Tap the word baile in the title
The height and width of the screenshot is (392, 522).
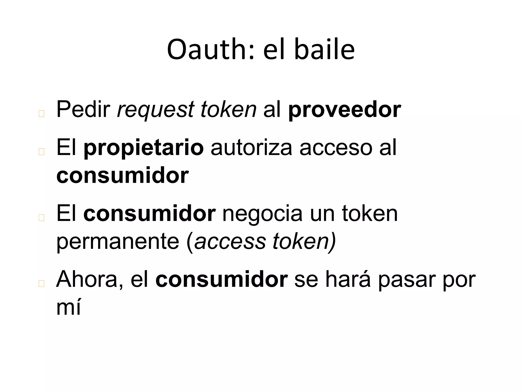pyautogui.click(x=324, y=50)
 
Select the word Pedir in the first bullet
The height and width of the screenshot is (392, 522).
pyautogui.click(x=83, y=109)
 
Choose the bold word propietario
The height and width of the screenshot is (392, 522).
pyautogui.click(x=143, y=148)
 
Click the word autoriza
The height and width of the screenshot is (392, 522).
pyautogui.click(x=251, y=148)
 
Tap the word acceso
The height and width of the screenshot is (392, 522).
pyautogui.click(x=336, y=148)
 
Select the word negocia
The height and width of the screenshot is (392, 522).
pyautogui.click(x=262, y=214)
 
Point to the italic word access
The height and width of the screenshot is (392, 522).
pyautogui.click(x=230, y=242)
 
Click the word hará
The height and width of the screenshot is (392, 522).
pyautogui.click(x=348, y=280)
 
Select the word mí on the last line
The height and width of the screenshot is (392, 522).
pyautogui.click(x=68, y=307)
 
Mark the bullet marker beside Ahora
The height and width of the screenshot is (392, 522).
pyautogui.click(x=41, y=284)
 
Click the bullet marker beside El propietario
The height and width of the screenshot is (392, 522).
pyautogui.click(x=41, y=152)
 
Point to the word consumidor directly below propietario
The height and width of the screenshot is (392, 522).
pyautogui.click(x=122, y=176)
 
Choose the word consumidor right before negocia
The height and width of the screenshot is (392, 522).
pyautogui.click(x=149, y=214)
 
